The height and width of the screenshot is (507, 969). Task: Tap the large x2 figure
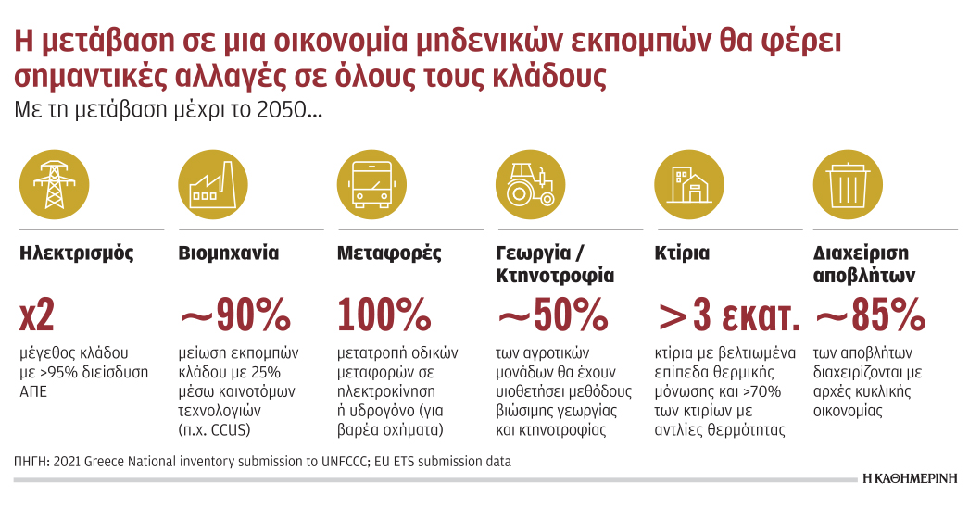coord(38,315)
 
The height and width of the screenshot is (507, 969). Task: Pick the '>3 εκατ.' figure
coord(728,315)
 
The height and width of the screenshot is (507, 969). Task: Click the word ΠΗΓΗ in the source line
coord(33,460)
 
